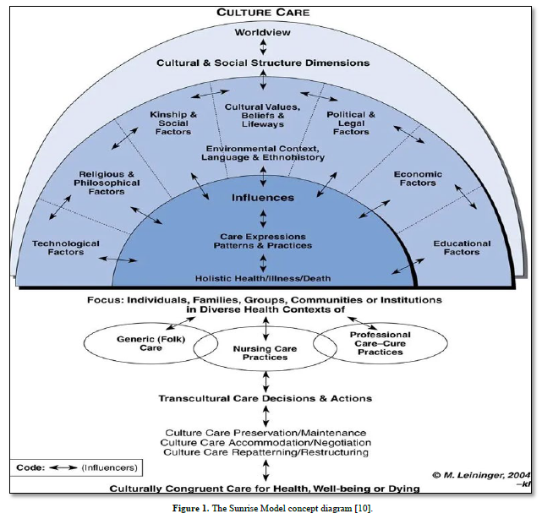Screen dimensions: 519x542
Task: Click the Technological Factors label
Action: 65,248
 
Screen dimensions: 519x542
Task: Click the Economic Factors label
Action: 415,178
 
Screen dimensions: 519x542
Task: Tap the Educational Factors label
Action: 462,248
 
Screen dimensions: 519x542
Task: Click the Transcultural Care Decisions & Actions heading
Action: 266,398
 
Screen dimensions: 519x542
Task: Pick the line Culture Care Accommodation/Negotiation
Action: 267,442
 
